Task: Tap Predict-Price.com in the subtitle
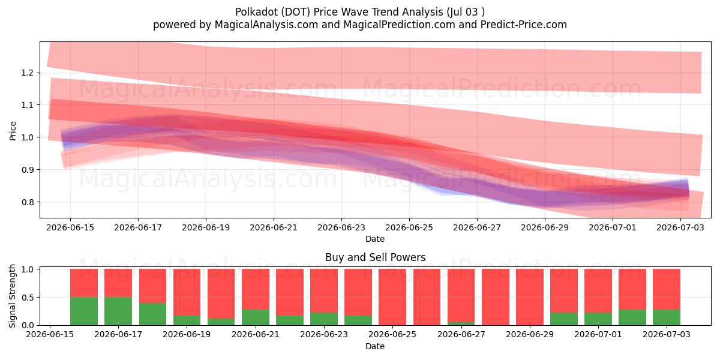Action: pos(524,25)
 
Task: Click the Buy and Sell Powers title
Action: pos(375,257)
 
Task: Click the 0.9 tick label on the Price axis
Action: pos(28,170)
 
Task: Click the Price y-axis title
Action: pos(13,131)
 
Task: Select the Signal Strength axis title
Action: pos(12,296)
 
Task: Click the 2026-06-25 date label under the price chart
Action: pos(409,227)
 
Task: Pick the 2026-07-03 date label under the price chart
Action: pos(680,227)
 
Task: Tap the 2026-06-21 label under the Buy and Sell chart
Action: pos(256,334)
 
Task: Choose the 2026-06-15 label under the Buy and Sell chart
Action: pos(50,334)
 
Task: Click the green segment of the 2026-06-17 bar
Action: pos(118,311)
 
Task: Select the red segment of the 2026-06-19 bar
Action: pos(187,292)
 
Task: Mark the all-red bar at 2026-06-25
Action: pos(392,297)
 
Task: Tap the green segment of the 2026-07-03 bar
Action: pos(667,317)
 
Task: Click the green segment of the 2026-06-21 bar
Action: pos(256,317)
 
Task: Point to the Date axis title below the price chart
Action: pos(375,239)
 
